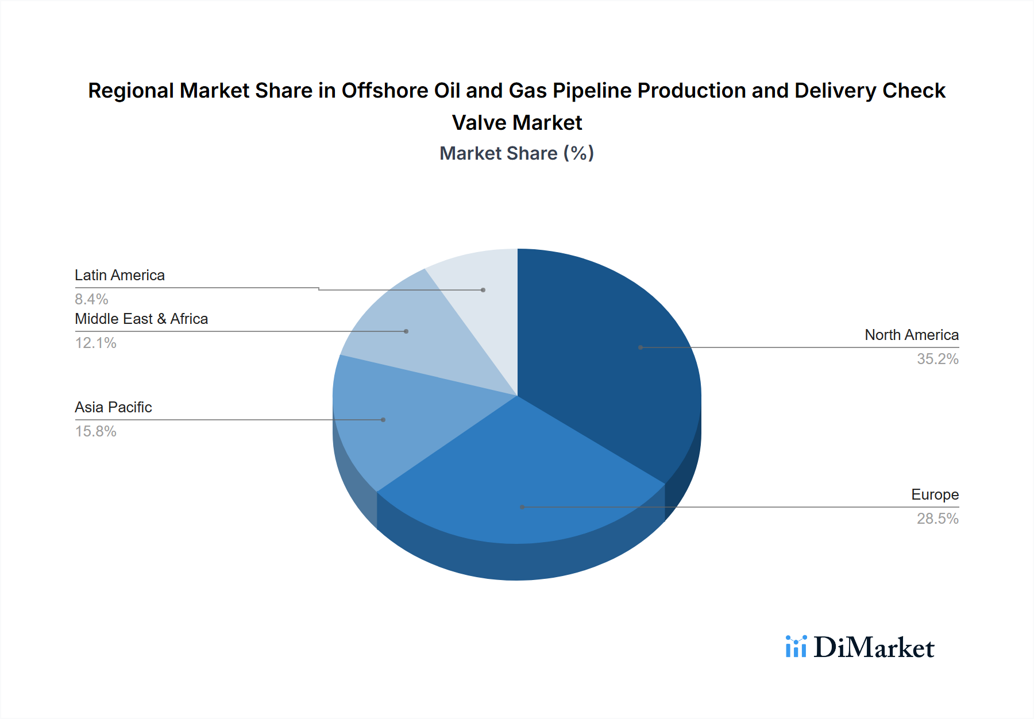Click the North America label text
click(x=912, y=335)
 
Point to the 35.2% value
click(x=937, y=359)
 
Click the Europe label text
click(x=935, y=494)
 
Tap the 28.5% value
click(x=937, y=519)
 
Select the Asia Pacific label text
click(x=113, y=407)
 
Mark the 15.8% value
click(x=96, y=431)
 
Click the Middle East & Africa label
click(x=141, y=319)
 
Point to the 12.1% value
click(x=96, y=343)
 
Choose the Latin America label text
click(x=119, y=275)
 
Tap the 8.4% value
click(x=91, y=299)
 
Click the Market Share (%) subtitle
click(x=516, y=153)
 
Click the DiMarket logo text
click(x=874, y=648)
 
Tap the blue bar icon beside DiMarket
click(x=796, y=647)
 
